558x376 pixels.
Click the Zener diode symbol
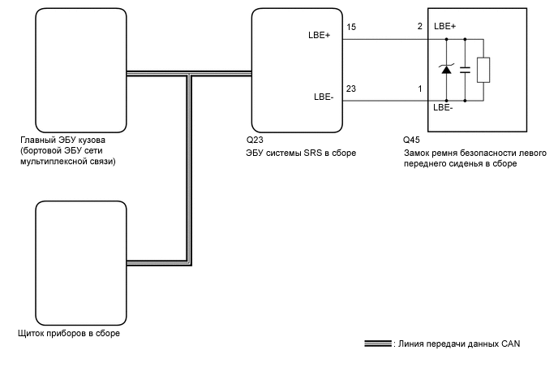click(x=446, y=69)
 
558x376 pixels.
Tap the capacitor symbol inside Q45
click(x=465, y=70)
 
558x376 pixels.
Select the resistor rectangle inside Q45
click(x=483, y=70)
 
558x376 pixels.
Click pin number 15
click(x=351, y=27)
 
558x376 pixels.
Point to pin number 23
click(x=351, y=89)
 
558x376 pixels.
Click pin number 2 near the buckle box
click(x=420, y=26)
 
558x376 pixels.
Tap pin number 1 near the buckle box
click(x=420, y=89)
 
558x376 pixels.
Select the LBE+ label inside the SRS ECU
click(x=320, y=35)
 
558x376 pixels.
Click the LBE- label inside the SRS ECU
click(x=324, y=97)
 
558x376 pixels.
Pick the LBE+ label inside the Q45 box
click(x=444, y=26)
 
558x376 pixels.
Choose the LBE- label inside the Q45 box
click(x=443, y=108)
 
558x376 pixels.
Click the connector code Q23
click(x=255, y=140)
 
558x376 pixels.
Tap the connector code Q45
click(x=411, y=140)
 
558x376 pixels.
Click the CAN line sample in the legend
click(x=378, y=344)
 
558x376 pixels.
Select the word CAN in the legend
click(x=511, y=344)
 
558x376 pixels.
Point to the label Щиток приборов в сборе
click(x=69, y=334)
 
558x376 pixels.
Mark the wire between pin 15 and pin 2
click(x=385, y=39)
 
